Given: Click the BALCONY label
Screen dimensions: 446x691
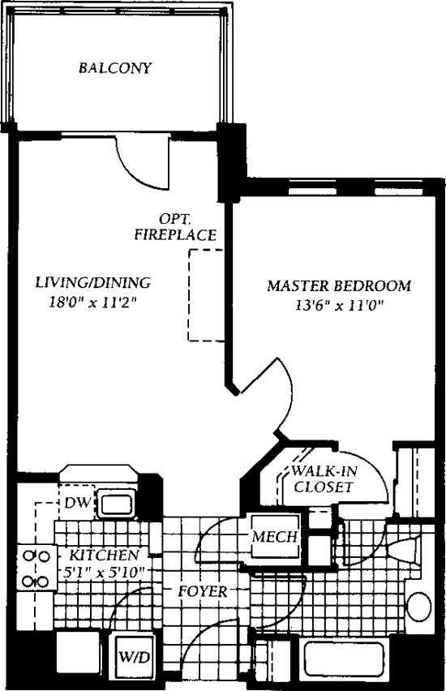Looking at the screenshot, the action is tap(115, 68).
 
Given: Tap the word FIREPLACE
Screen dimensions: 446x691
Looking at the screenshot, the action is tap(175, 235).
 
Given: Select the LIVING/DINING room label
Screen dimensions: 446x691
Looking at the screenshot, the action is tap(93, 282).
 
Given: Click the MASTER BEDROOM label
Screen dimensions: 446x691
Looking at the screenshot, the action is tap(339, 286).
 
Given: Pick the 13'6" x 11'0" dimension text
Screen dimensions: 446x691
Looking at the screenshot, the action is tap(338, 306).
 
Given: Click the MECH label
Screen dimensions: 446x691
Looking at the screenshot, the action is tap(275, 537).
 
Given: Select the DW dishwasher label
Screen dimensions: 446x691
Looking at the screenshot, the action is tap(78, 502).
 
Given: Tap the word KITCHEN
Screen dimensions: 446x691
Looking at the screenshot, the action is tap(105, 555).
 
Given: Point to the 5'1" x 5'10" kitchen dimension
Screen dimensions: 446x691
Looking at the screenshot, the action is tap(104, 573).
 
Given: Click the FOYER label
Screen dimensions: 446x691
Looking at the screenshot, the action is tap(203, 591).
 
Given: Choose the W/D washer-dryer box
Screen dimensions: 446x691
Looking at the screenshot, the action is tap(135, 657).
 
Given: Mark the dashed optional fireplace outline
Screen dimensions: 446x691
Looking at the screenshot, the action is tap(189, 295).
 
